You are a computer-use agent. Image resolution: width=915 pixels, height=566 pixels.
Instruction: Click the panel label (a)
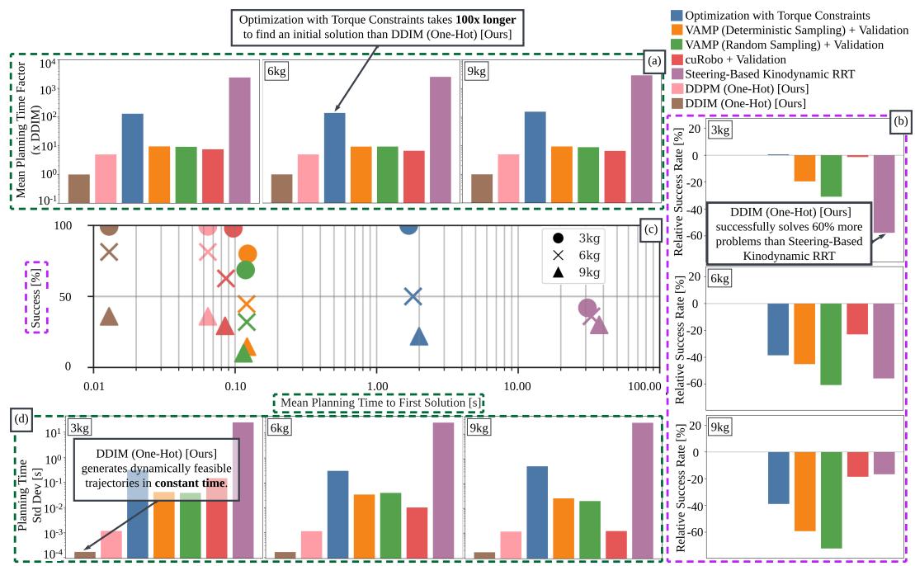tap(652, 61)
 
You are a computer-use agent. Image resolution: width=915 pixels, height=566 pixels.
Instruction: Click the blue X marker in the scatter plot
tap(413, 296)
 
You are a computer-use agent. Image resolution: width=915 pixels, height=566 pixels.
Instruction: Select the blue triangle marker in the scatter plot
tap(419, 336)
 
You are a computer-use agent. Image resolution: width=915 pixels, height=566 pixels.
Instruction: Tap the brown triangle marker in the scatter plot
tap(108, 317)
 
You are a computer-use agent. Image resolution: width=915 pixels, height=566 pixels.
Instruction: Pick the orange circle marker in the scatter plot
tap(247, 254)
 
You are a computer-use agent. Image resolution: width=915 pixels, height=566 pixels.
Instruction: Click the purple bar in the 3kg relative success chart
tap(884, 194)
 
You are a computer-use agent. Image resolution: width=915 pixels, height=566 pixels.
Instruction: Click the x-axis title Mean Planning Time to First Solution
tap(380, 402)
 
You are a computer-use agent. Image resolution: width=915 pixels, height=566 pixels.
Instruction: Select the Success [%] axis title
tap(36, 296)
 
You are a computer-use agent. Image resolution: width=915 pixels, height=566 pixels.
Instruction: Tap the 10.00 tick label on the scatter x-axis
tap(517, 386)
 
